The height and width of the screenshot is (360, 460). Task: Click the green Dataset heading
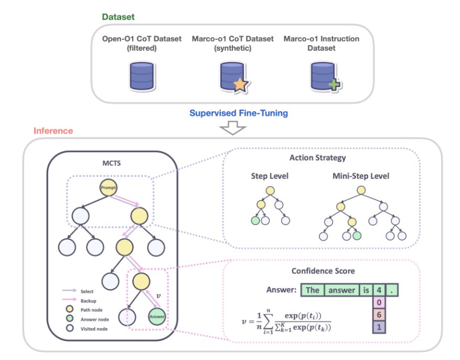pos(118,17)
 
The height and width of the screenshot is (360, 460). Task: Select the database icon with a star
pos(234,77)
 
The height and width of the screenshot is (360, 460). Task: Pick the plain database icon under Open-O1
pos(142,76)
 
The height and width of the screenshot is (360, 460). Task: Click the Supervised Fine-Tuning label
pos(239,113)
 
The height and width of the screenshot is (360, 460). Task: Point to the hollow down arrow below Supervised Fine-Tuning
pos(233,128)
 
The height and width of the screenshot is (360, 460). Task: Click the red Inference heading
pos(53,131)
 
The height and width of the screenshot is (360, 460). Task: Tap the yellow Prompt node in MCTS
pos(109,187)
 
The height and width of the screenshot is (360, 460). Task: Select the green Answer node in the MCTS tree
pos(157,316)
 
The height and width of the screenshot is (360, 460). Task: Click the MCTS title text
pos(112,163)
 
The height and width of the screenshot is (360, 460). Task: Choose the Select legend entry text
pos(87,291)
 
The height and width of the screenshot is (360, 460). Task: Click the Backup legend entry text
pos(88,301)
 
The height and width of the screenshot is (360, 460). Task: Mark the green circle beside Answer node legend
pos(70,319)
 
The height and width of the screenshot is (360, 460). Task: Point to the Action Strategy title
pos(318,158)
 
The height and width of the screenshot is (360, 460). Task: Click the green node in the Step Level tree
pos(255,220)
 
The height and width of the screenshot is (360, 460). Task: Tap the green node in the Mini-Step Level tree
pos(357,235)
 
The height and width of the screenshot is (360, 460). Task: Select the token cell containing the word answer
pos(342,290)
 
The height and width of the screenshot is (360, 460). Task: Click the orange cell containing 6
pos(379,315)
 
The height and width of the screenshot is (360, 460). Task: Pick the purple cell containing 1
pos(379,327)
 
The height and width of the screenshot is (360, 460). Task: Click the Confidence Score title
pos(323,271)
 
